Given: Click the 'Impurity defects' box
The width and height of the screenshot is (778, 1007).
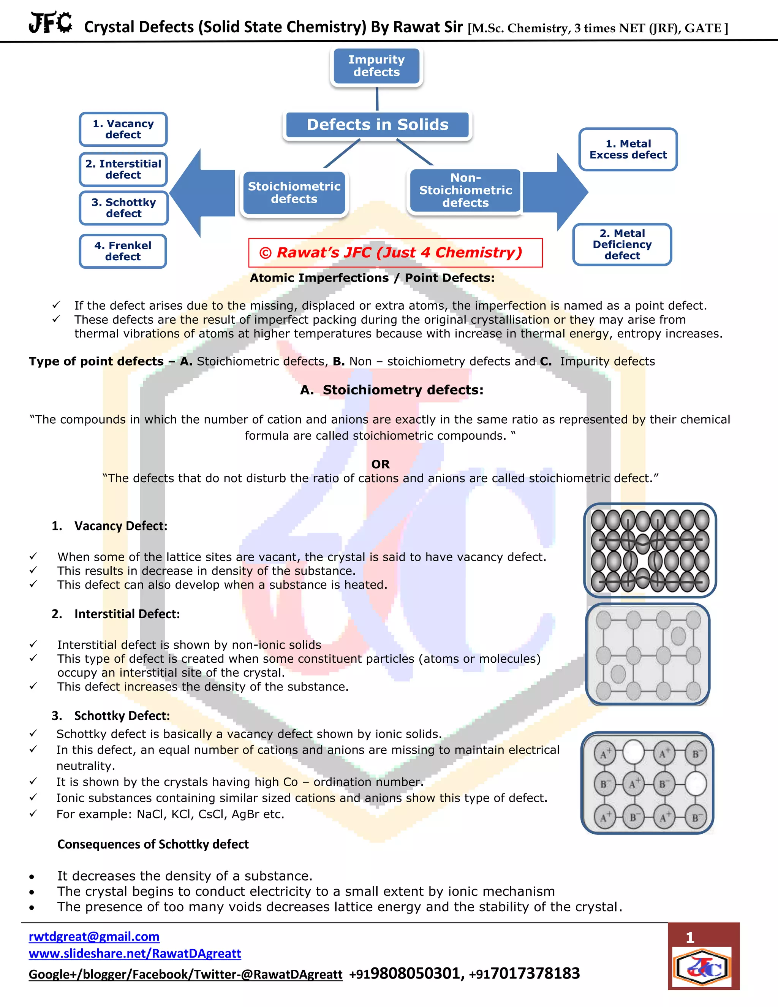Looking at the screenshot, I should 376,66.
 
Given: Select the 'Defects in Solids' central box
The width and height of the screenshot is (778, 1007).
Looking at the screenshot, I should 378,125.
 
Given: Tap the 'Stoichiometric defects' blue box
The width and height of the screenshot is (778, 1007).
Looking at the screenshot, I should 294,193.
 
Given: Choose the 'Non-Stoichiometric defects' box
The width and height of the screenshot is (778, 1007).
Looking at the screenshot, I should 465,190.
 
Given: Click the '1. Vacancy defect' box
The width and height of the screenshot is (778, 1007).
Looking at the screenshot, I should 123,129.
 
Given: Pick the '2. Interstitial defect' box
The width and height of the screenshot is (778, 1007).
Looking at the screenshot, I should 123,169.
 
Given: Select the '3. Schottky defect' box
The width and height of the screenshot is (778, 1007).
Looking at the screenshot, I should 123,208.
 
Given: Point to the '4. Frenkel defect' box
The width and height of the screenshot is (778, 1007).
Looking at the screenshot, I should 123,251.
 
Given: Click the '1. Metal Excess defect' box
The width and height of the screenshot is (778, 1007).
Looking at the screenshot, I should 628,149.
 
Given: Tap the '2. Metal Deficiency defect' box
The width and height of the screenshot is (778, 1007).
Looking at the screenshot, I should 622,244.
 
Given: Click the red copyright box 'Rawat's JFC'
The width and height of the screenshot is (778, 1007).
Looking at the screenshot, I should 395,253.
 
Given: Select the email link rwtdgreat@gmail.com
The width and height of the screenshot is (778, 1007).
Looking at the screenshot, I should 94,936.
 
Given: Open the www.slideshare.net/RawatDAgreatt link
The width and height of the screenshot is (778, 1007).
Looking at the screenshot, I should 134,953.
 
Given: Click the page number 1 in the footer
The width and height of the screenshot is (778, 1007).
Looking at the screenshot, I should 689,937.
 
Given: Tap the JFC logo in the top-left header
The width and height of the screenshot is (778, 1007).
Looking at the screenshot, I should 50,22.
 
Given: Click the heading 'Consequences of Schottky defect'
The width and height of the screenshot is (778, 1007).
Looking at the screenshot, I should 153,844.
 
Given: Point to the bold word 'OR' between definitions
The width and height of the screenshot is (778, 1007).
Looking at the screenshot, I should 380,464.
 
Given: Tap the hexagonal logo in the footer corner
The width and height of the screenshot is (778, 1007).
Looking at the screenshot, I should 702,967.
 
